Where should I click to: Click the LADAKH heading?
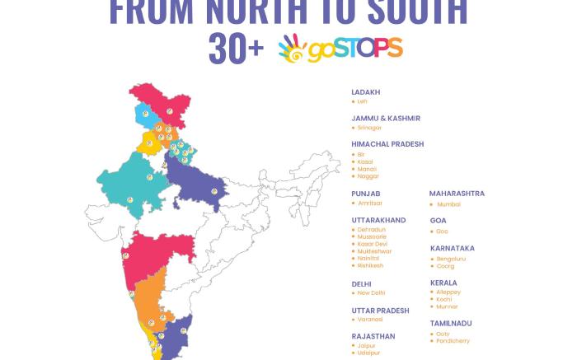click(366, 92)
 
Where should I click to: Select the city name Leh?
click(362, 101)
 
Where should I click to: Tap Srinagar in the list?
click(369, 128)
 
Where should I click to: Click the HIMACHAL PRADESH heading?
click(387, 144)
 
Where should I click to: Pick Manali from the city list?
click(367, 169)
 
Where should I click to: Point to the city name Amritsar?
click(370, 203)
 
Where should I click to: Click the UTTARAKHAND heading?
click(378, 221)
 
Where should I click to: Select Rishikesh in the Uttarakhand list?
click(370, 266)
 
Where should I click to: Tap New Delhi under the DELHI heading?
click(371, 293)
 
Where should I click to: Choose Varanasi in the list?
click(370, 319)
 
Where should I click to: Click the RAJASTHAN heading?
click(373, 336)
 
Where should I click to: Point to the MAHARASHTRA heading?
click(457, 194)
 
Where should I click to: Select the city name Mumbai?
click(448, 203)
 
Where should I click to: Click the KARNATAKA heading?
click(453, 248)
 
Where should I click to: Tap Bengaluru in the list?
click(451, 259)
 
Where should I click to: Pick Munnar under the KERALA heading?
click(448, 306)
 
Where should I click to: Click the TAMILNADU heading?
click(452, 324)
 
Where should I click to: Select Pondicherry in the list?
click(453, 341)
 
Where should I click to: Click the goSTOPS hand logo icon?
click(293, 48)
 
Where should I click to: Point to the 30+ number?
click(236, 48)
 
